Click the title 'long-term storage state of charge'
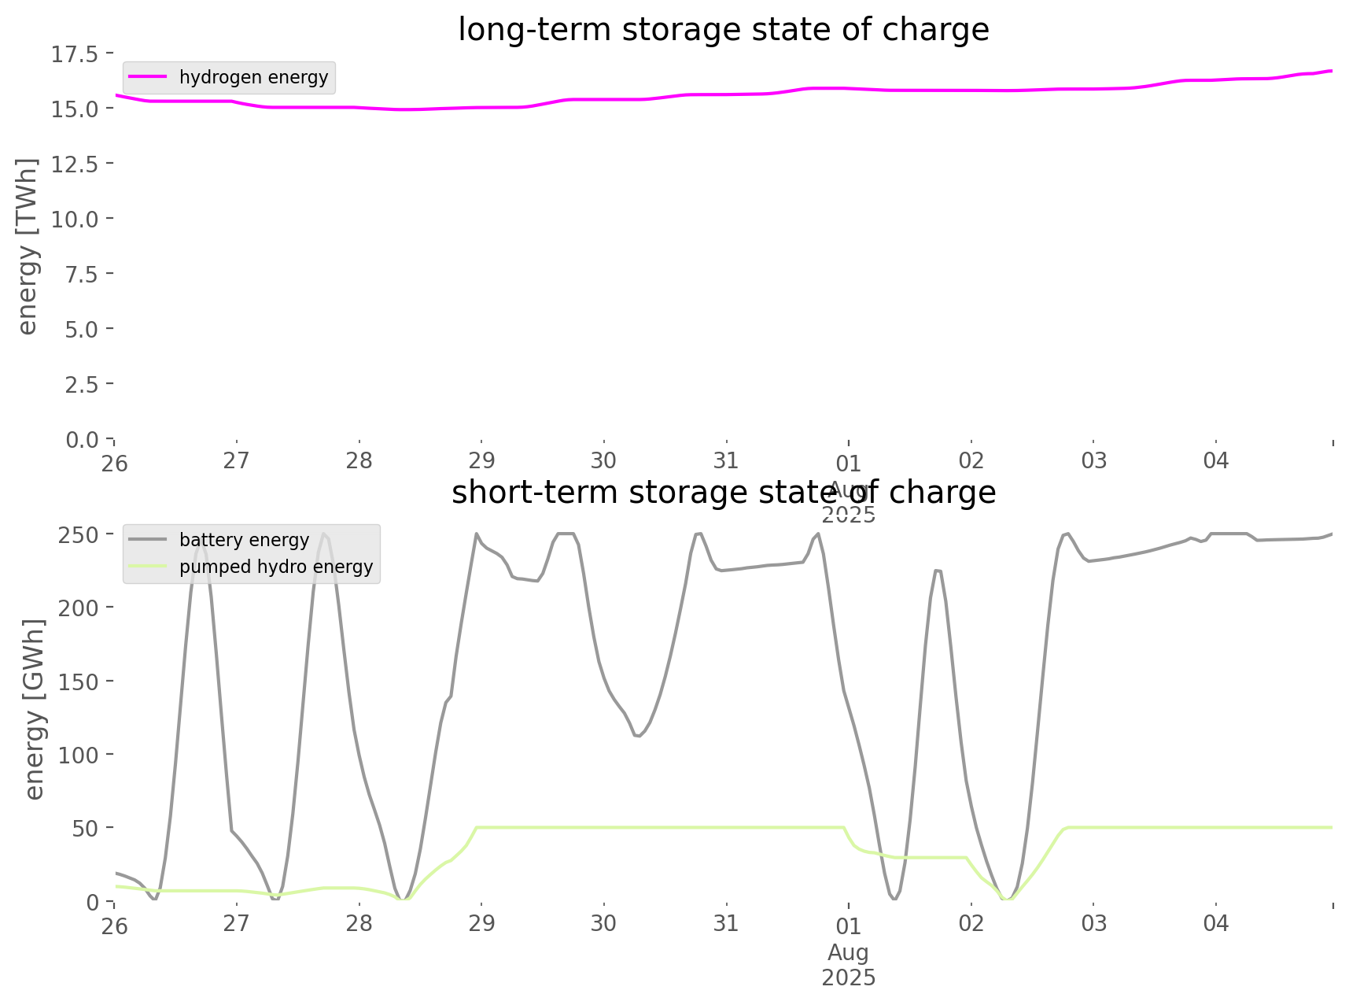pyautogui.click(x=723, y=30)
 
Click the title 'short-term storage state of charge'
pyautogui.click(x=723, y=493)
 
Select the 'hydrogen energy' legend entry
pyautogui.click(x=253, y=77)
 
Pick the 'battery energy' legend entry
pyautogui.click(x=244, y=540)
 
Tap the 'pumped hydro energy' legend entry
pyautogui.click(x=275, y=567)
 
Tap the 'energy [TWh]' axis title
pyautogui.click(x=28, y=246)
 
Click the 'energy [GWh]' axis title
pyautogui.click(x=35, y=709)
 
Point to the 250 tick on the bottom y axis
pyautogui.click(x=79, y=535)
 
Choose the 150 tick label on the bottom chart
pyautogui.click(x=79, y=682)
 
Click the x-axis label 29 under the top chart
pyautogui.click(x=481, y=461)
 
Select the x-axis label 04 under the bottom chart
pyautogui.click(x=1215, y=923)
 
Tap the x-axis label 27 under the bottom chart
pyautogui.click(x=236, y=923)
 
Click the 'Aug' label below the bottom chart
pyautogui.click(x=848, y=953)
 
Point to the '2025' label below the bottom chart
pyautogui.click(x=848, y=978)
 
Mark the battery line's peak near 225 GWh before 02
pyautogui.click(x=937, y=571)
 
